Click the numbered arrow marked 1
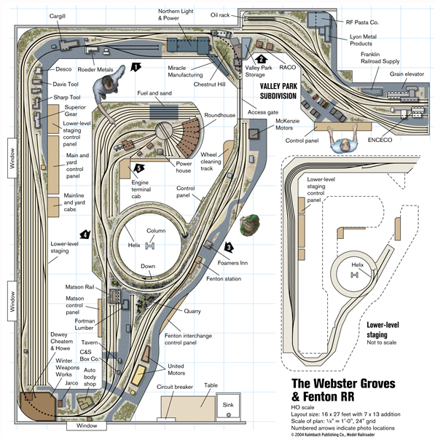136,67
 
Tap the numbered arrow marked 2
261,59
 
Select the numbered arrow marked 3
229,247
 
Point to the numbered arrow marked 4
85,235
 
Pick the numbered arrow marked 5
139,168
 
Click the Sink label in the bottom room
228,405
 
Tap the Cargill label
58,16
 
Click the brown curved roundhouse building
189,137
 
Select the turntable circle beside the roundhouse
164,131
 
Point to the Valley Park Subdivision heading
278,91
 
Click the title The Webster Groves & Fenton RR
343,390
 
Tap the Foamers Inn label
232,263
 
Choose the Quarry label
192,311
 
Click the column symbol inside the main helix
150,246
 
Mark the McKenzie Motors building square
254,133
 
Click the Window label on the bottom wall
87,425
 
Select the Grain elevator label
407,74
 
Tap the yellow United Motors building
138,375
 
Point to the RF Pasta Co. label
362,23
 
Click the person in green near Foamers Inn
250,224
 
